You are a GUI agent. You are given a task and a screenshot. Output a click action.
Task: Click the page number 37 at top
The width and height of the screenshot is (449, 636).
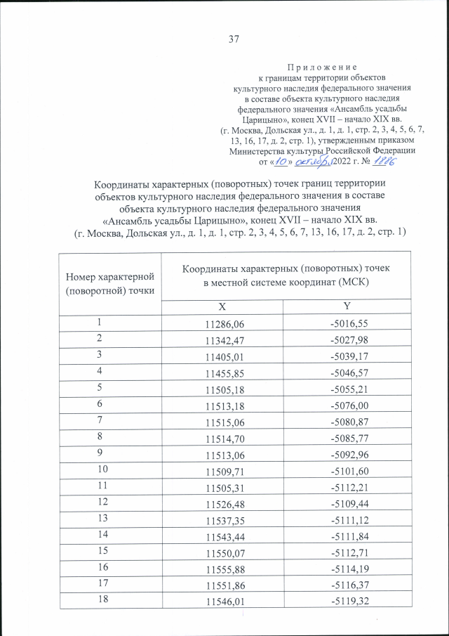(x=234, y=39)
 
